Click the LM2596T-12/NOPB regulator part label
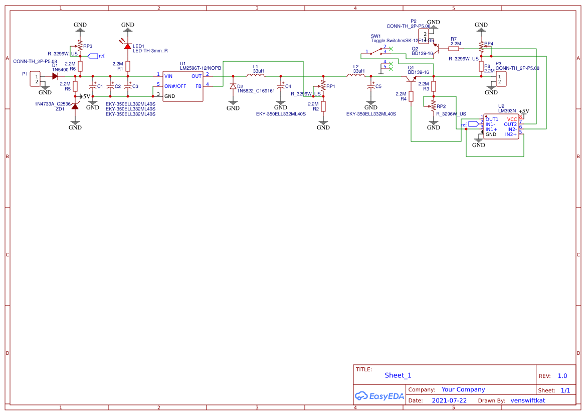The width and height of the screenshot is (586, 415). [201, 68]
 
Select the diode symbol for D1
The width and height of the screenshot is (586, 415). [55, 76]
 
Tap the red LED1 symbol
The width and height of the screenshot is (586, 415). [128, 46]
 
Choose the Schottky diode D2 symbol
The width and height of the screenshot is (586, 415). [233, 86]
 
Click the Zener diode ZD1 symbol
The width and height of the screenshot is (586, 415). [75, 106]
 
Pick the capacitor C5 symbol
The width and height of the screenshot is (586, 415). [371, 86]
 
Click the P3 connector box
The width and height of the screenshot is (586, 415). [500, 79]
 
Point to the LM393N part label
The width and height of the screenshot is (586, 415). [507, 110]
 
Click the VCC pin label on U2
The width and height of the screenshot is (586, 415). [512, 119]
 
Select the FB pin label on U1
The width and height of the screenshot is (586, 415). [199, 86]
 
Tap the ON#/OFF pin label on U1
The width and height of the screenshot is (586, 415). [175, 86]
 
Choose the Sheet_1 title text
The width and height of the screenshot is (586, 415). [398, 375]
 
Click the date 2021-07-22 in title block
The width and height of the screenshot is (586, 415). [449, 400]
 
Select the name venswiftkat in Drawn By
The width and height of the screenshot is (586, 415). [527, 400]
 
